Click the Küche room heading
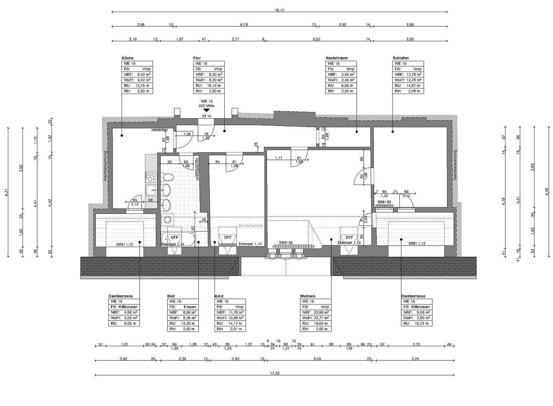pyautogui.click(x=127, y=58)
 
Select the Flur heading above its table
pyautogui.click(x=197, y=58)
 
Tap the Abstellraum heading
pyautogui.click(x=337, y=58)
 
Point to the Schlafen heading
pyautogui.click(x=401, y=58)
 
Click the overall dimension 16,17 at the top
pyautogui.click(x=279, y=10)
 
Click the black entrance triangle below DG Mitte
pyautogui.click(x=206, y=110)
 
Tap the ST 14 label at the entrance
pyautogui.click(x=206, y=116)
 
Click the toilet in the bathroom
pyautogui.click(x=167, y=177)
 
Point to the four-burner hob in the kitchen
pyautogui.click(x=152, y=176)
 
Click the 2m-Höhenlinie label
pyautogui.click(x=250, y=226)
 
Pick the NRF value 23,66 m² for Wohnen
pyautogui.click(x=323, y=312)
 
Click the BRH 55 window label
pyautogui.click(x=286, y=243)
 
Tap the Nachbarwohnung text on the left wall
pyautogui.click(x=105, y=167)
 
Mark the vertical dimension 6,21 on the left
pyautogui.click(x=6, y=192)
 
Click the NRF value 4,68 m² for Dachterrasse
pyautogui.click(x=131, y=312)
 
